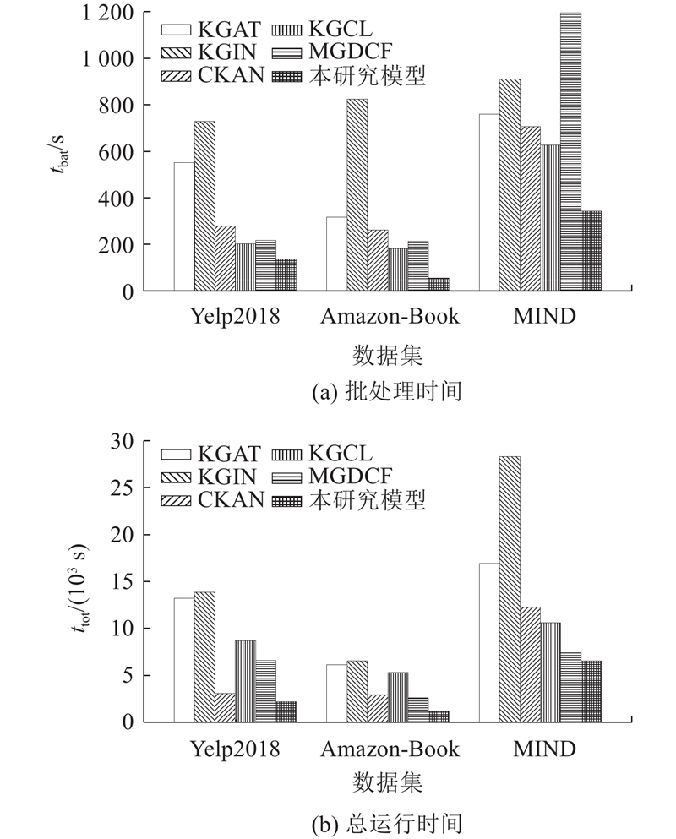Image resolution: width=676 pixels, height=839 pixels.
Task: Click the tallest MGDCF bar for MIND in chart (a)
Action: click(x=570, y=152)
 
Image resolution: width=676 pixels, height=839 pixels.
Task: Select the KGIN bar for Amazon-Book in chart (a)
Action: click(x=357, y=194)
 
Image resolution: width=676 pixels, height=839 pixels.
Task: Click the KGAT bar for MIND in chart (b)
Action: click(x=488, y=642)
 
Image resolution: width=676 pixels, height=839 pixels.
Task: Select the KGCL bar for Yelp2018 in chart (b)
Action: click(x=245, y=681)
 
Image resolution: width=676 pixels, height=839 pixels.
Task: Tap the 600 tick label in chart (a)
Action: click(x=119, y=152)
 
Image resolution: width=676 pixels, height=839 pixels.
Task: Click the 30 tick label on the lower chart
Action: click(x=123, y=441)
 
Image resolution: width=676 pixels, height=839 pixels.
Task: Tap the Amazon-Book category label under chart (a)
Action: click(x=390, y=318)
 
